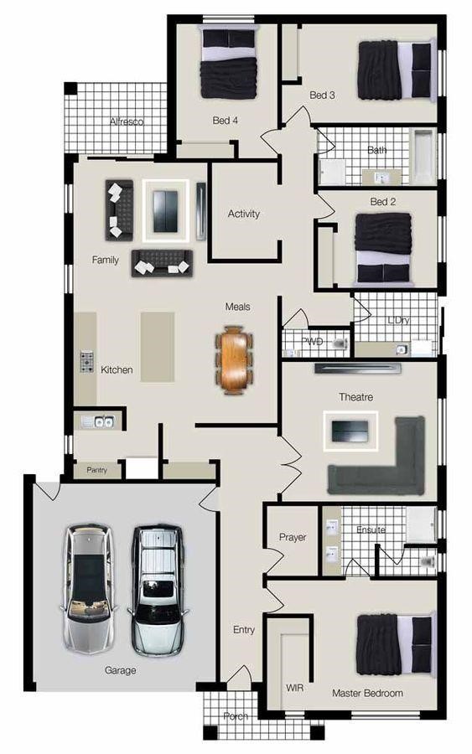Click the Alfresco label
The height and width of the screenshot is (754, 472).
127,121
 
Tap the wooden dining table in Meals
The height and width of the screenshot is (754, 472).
234,359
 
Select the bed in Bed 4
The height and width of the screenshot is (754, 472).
228,63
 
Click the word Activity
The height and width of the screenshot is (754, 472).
243,214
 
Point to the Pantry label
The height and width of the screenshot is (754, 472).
96,470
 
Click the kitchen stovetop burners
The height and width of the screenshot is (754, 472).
87,362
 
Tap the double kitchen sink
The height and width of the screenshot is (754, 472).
98,421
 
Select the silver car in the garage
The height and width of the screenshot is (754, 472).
89,589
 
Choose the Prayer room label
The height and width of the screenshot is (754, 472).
293,537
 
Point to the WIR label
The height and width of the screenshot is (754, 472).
294,688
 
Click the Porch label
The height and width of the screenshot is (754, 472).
236,716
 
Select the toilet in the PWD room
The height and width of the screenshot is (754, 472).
340,343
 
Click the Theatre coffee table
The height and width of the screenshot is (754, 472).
350,431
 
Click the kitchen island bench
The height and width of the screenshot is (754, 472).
158,347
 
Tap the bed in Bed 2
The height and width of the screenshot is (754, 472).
383,247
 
